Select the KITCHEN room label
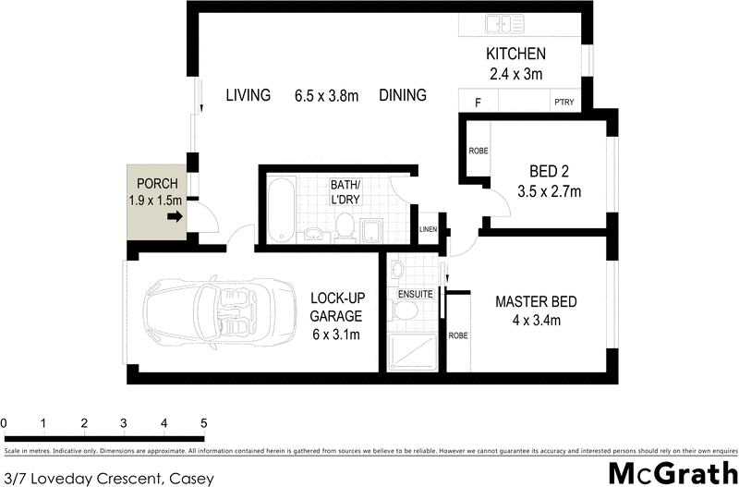(x=515, y=54)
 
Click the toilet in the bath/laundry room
(x=345, y=225)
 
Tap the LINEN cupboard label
(x=428, y=229)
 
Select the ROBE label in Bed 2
(x=478, y=150)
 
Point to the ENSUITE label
(x=415, y=294)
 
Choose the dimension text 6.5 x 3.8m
(x=326, y=95)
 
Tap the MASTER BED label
(x=536, y=302)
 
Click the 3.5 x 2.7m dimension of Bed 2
(x=549, y=192)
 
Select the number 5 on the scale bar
(x=203, y=423)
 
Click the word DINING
(x=402, y=95)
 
